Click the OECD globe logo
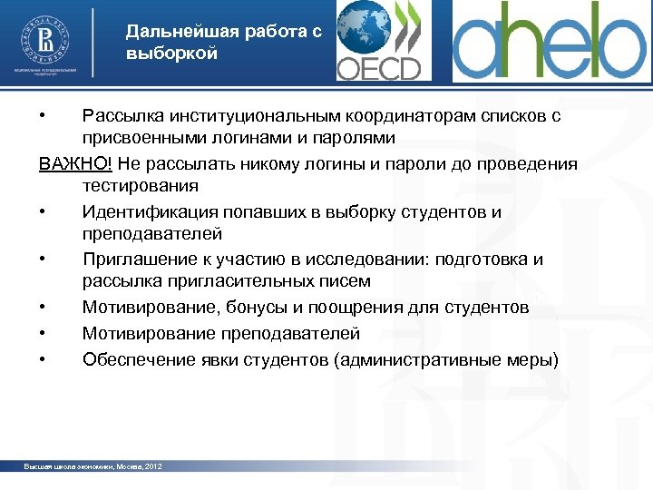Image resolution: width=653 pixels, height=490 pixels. click(x=379, y=41)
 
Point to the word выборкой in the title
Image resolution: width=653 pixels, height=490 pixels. click(x=172, y=54)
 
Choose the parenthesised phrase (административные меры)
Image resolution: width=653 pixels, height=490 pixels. click(x=447, y=359)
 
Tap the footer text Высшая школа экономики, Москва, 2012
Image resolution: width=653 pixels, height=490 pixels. click(x=93, y=466)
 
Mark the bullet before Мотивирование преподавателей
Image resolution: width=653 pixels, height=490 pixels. click(x=43, y=334)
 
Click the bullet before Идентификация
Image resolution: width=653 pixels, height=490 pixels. click(x=43, y=211)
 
